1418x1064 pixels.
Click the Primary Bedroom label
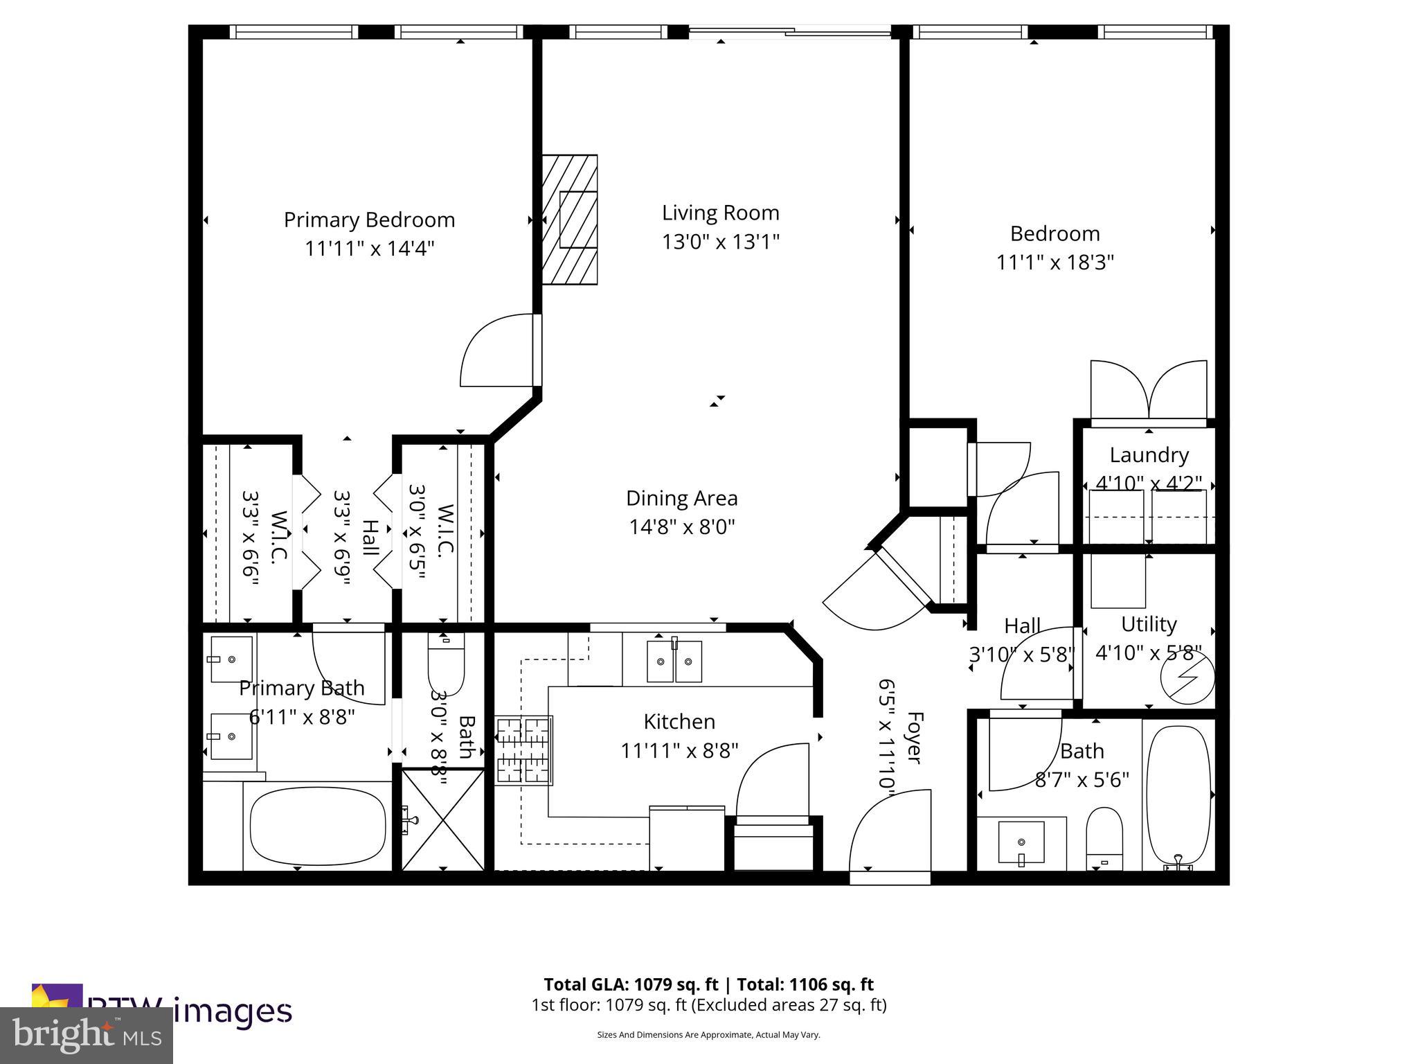(x=369, y=220)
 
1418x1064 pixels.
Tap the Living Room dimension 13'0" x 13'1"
(x=720, y=242)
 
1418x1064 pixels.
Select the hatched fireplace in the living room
(x=570, y=219)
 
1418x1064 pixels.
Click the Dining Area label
(x=681, y=498)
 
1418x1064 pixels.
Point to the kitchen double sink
(x=674, y=662)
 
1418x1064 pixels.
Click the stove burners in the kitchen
(x=524, y=750)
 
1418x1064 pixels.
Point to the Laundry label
(x=1149, y=455)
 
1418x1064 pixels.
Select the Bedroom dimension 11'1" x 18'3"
(x=1054, y=263)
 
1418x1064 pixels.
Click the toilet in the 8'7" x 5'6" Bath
(x=1104, y=838)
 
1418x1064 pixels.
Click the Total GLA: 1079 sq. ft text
(x=633, y=984)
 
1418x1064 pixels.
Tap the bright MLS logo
(x=87, y=1035)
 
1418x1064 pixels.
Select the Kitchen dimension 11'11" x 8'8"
(x=679, y=751)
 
